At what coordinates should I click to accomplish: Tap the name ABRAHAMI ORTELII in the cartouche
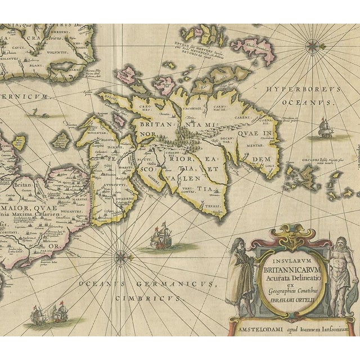(x=287, y=300)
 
